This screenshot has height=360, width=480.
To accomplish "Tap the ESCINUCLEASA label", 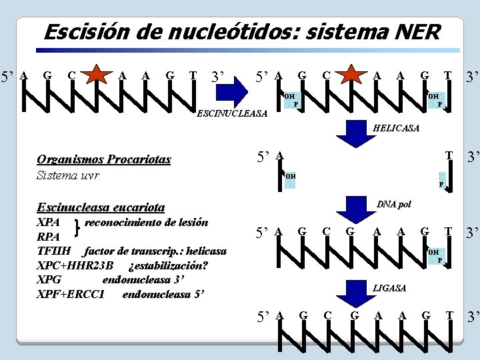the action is tap(233, 114).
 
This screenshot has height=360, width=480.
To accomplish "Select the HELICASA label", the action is tap(397, 128).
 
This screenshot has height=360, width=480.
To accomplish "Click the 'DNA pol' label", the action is tap(393, 204).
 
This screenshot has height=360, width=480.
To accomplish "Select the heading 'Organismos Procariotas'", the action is tap(104, 159).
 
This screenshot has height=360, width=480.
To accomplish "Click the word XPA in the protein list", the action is tap(49, 222).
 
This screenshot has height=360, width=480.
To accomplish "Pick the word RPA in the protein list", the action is tap(49, 237).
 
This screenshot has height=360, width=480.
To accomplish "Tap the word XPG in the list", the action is tap(49, 280).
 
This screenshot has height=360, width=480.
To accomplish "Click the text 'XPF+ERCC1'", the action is tap(71, 294).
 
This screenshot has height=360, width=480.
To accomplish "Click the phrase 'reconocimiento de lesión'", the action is tap(146, 222).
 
